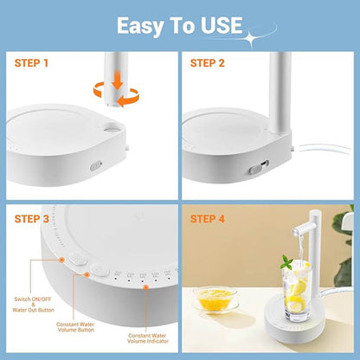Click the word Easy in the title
coord(144,26)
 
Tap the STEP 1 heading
coord(32,62)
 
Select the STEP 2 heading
coord(208,62)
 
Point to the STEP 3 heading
coord(32,219)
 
